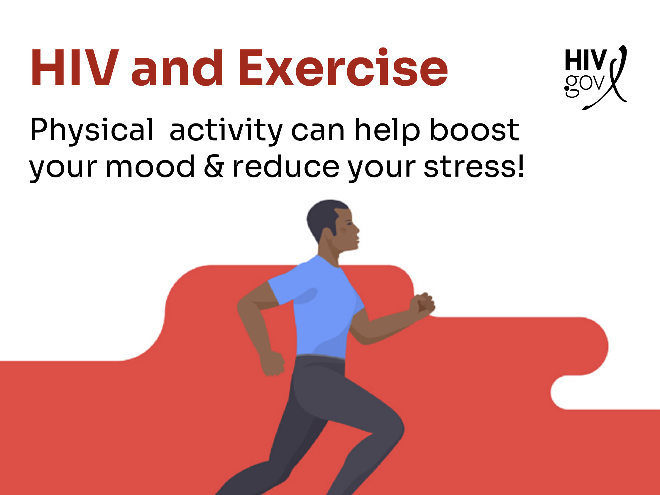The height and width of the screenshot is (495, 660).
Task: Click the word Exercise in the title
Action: coord(343,68)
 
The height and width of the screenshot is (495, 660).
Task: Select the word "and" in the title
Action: coord(177,68)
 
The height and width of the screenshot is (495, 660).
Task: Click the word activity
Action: coord(226,130)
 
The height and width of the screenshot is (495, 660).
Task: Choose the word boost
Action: coord(474,130)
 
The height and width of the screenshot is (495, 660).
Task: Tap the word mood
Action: coord(150,167)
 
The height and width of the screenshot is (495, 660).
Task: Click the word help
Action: coord(387,130)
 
